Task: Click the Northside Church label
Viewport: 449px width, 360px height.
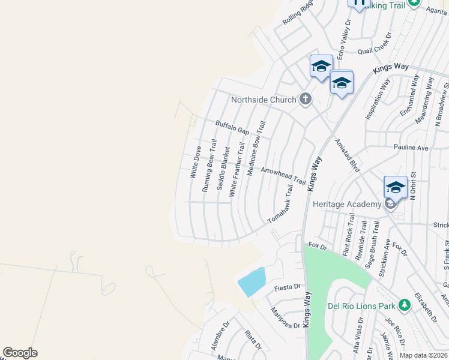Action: (x=264, y=100)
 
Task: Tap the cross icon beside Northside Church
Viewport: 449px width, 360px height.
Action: (x=306, y=99)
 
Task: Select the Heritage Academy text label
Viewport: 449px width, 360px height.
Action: (x=347, y=205)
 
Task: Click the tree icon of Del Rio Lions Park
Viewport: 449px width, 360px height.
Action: (x=405, y=305)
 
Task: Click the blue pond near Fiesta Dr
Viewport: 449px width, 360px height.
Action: (x=252, y=281)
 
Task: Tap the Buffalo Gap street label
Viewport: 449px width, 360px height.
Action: (x=232, y=127)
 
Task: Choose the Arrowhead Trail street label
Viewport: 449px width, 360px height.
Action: (x=283, y=174)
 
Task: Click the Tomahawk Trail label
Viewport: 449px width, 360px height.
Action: (x=280, y=205)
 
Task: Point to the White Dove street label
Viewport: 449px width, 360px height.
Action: (x=196, y=163)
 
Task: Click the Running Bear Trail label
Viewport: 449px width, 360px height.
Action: (x=209, y=165)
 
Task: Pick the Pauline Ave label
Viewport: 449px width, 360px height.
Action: (x=411, y=147)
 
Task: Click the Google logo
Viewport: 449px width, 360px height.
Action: (x=20, y=353)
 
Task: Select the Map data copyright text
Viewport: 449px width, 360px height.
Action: (x=423, y=355)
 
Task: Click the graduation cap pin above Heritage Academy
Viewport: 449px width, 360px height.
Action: (x=396, y=187)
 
